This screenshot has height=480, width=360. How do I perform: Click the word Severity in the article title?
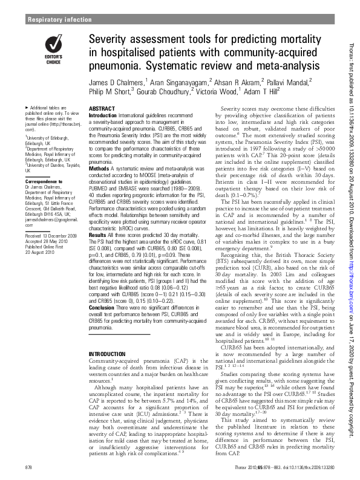(109, 41)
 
